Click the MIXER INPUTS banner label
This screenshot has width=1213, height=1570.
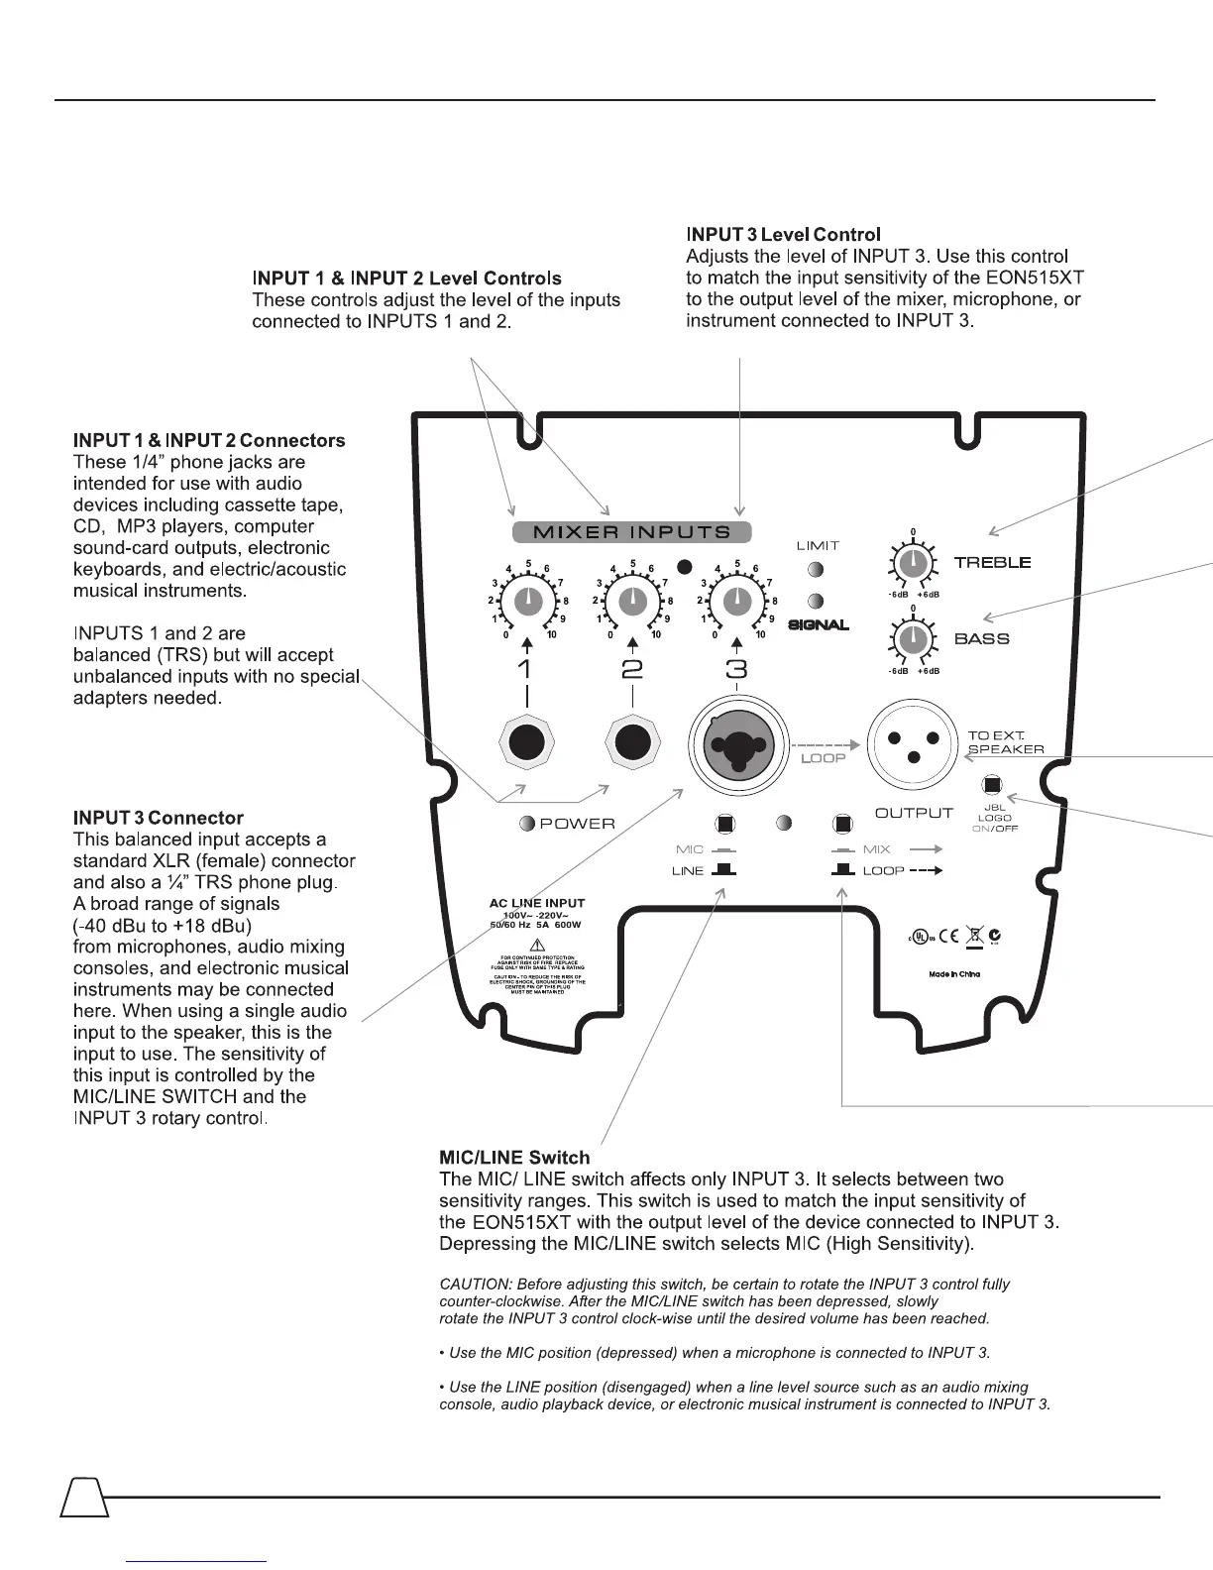point(631,532)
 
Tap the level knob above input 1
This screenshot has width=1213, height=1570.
point(528,601)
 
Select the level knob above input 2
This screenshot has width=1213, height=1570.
point(632,601)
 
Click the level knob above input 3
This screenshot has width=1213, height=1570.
point(736,601)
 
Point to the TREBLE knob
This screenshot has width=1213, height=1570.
point(913,563)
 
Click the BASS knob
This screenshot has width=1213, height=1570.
point(913,639)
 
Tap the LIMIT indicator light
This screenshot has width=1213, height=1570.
point(816,569)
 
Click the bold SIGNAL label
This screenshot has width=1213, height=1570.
point(819,625)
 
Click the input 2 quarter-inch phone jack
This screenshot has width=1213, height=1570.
point(632,742)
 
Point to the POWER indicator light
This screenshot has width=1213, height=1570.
point(528,824)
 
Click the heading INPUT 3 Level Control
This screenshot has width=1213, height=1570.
point(783,235)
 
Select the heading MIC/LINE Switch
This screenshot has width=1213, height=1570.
point(514,1158)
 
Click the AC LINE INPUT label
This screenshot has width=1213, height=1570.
point(537,903)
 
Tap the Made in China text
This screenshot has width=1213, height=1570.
point(954,974)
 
